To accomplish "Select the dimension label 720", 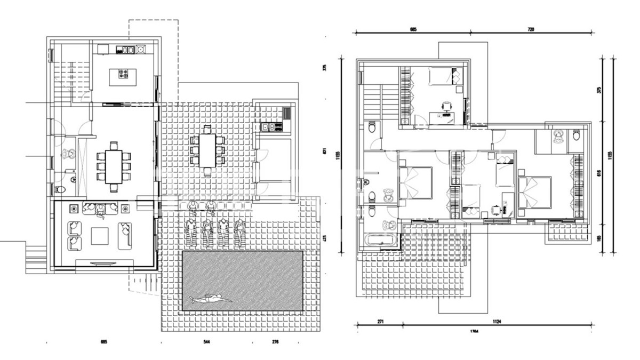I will [x=530, y=29].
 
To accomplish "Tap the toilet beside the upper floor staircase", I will [x=371, y=127].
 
